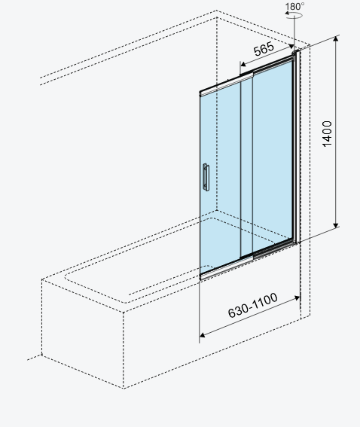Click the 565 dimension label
(x=264, y=49)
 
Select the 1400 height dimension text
(x=327, y=134)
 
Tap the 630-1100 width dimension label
(x=253, y=305)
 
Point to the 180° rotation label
(x=295, y=6)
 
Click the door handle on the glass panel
(x=206, y=177)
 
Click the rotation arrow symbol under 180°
(x=294, y=16)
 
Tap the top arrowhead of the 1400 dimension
(x=336, y=38)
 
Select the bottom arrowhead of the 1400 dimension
(x=336, y=225)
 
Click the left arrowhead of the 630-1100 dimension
(x=203, y=334)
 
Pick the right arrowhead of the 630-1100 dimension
(x=297, y=298)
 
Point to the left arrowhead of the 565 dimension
(x=243, y=64)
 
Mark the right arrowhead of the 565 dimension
(x=291, y=47)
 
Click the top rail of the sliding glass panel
(x=227, y=84)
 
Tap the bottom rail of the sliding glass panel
(x=227, y=269)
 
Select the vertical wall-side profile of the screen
(x=297, y=147)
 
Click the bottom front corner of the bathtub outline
(x=123, y=388)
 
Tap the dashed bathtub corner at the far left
(x=42, y=355)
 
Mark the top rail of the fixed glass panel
(x=273, y=65)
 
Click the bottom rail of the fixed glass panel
(x=273, y=249)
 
